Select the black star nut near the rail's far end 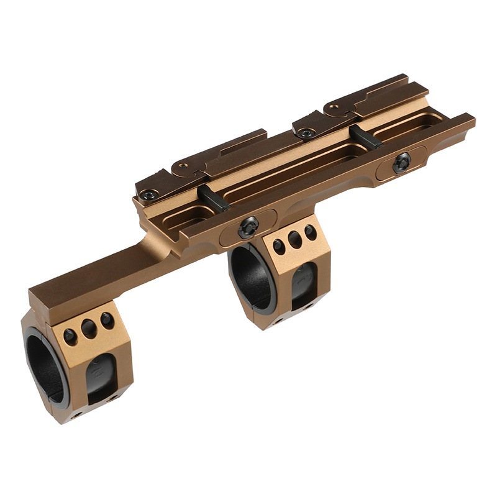[401, 162]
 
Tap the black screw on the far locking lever [306, 133]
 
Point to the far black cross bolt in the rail [365, 136]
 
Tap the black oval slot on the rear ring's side [303, 285]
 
